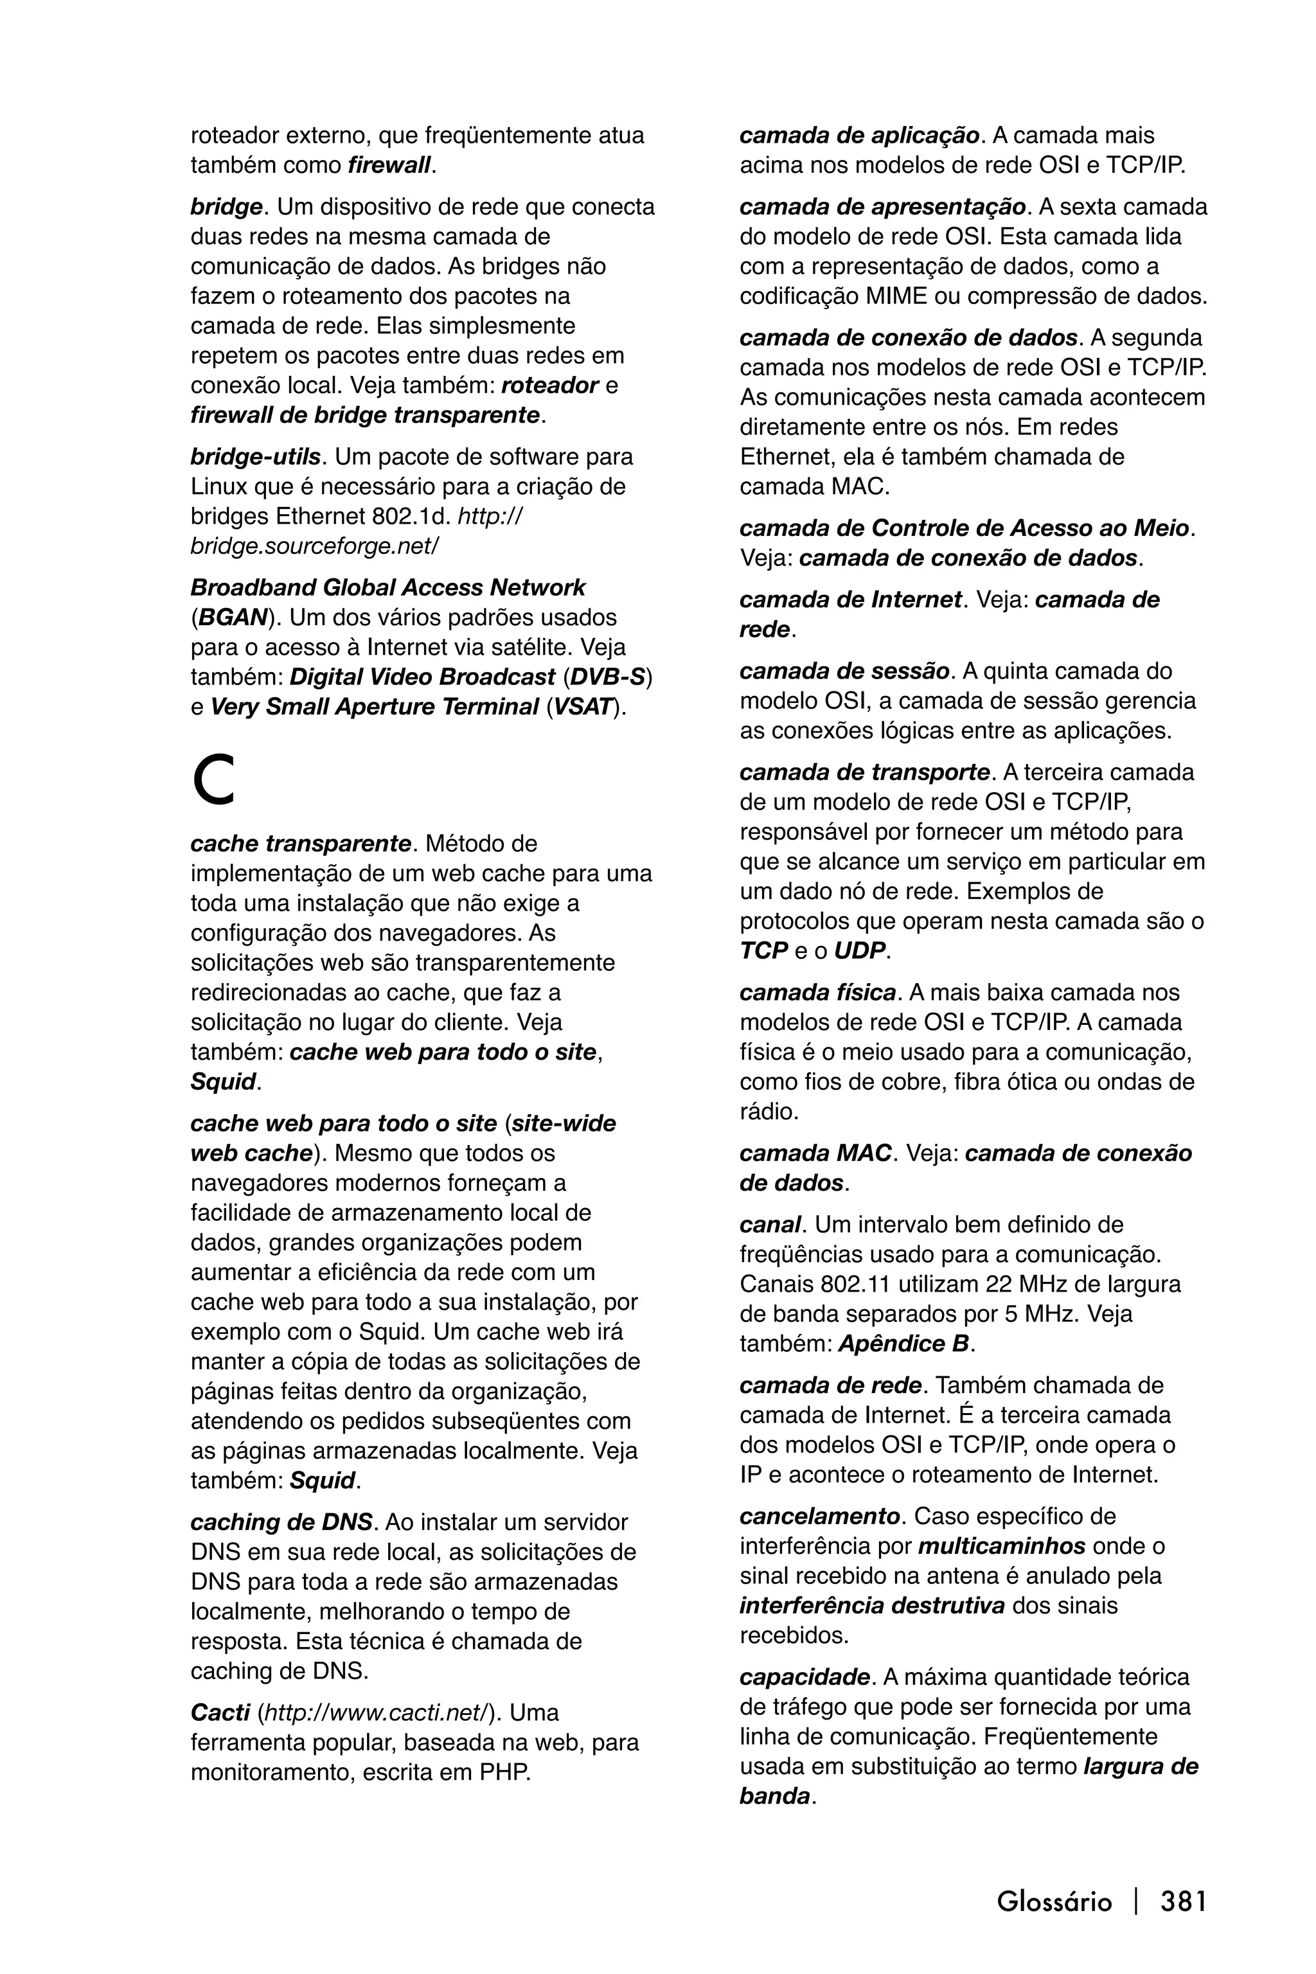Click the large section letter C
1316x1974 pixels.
click(213, 781)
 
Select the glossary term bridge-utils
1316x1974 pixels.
click(255, 458)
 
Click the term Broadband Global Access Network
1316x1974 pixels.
click(387, 587)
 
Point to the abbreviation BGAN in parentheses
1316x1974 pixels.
click(231, 618)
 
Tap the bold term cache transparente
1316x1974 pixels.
click(301, 844)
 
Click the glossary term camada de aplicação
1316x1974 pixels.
click(858, 136)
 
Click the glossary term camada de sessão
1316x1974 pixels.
click(844, 671)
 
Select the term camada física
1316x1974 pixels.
click(817, 993)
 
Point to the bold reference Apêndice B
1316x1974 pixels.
click(903, 1344)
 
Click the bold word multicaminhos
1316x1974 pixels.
click(1001, 1546)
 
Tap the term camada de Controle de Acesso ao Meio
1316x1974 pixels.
click(963, 529)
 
